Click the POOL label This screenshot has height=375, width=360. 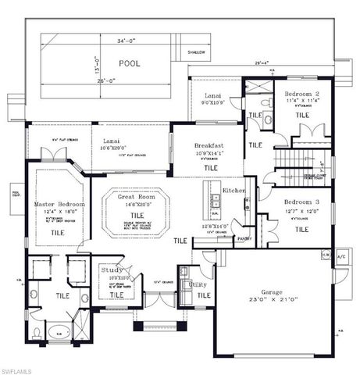[x=130, y=63]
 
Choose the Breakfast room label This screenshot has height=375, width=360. [x=210, y=145]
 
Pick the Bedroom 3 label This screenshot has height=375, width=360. [x=301, y=202]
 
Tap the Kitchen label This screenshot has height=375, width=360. [x=234, y=191]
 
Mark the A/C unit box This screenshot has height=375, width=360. [x=341, y=255]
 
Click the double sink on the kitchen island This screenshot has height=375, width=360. [x=216, y=202]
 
